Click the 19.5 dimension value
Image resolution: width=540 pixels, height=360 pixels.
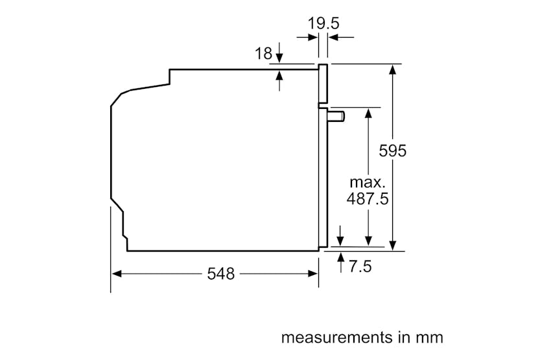click(x=323, y=24)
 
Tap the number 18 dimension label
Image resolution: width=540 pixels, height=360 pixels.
click(x=263, y=54)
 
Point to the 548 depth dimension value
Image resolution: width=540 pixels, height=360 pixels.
click(x=220, y=274)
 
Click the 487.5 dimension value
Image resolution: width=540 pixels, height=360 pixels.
click(x=368, y=198)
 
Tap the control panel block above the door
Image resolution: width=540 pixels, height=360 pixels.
click(x=322, y=84)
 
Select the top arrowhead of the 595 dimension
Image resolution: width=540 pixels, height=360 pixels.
click(x=392, y=69)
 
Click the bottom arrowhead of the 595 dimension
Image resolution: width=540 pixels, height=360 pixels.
click(x=392, y=245)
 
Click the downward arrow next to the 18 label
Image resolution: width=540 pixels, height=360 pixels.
click(x=279, y=57)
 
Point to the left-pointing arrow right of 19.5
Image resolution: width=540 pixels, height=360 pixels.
click(x=332, y=38)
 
